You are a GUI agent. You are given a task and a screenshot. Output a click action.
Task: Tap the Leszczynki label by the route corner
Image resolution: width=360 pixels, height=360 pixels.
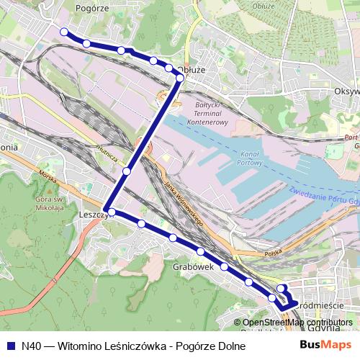tap(94, 214)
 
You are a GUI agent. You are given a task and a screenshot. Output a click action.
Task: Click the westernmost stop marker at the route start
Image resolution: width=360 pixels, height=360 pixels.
tap(64, 32)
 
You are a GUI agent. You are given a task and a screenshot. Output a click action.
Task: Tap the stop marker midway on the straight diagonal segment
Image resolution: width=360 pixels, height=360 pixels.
tap(127, 171)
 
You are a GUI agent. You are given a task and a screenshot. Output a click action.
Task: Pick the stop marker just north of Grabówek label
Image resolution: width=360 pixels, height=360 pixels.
tap(200, 251)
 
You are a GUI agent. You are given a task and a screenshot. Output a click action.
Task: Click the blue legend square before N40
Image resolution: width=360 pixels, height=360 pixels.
tap(11, 346)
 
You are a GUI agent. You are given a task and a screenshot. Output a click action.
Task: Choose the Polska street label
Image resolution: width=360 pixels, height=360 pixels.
tap(272, 253)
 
